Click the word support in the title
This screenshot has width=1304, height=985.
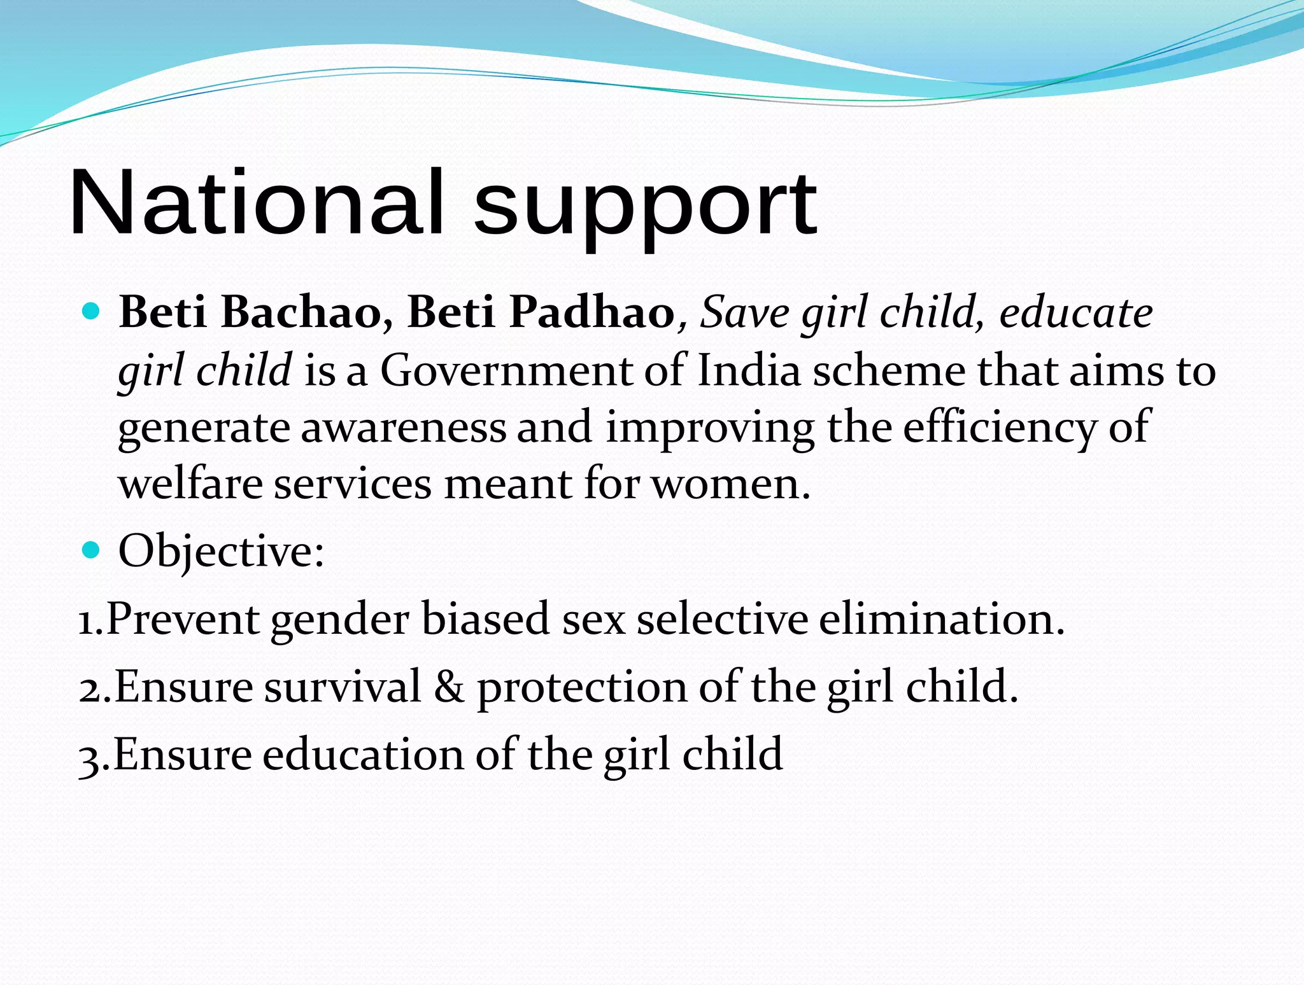(x=644, y=207)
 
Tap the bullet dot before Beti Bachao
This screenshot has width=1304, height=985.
(x=92, y=312)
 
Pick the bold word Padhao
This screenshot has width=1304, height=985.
(x=593, y=312)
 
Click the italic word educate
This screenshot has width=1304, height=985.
(x=1075, y=312)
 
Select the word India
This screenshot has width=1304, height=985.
(x=749, y=370)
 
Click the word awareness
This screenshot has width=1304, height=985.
(x=403, y=427)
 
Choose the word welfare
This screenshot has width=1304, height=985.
(x=190, y=484)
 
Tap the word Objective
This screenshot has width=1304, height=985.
(x=220, y=551)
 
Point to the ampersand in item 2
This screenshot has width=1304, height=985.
(x=449, y=687)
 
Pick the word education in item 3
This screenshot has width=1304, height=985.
(x=363, y=755)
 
